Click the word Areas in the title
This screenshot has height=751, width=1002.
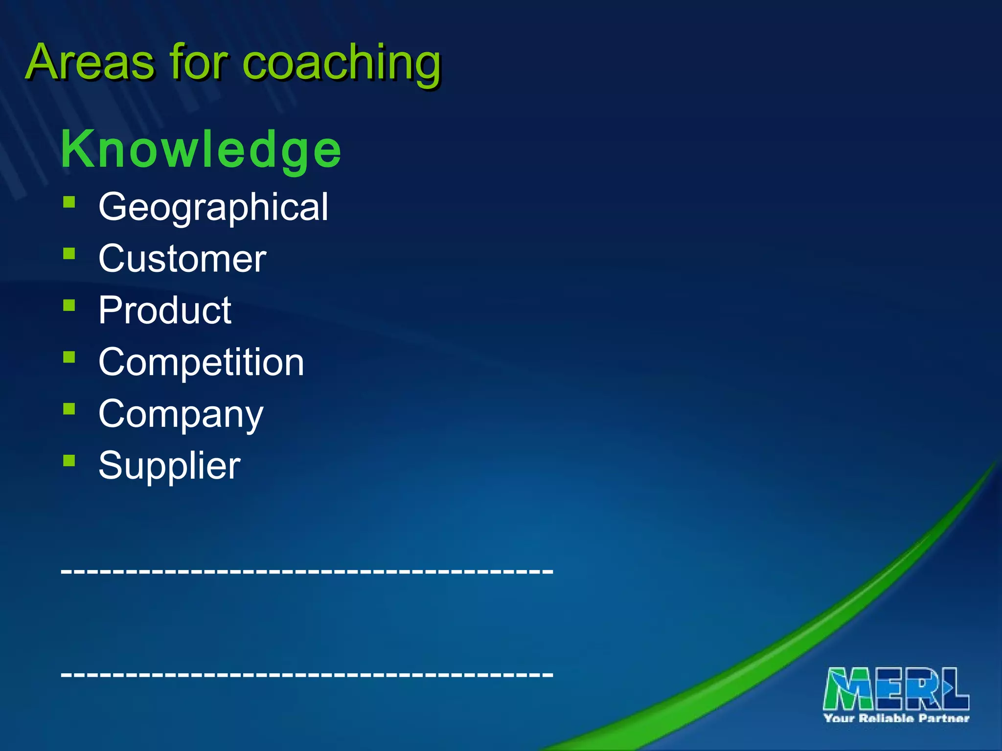pyautogui.click(x=91, y=63)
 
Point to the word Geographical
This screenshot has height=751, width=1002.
pyautogui.click(x=213, y=207)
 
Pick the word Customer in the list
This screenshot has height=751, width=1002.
pyautogui.click(x=182, y=259)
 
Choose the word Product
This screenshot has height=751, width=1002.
pyautogui.click(x=165, y=310)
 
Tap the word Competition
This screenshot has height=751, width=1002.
pyautogui.click(x=201, y=362)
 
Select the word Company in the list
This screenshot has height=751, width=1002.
pyautogui.click(x=181, y=415)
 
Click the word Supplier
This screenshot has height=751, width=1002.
pyautogui.click(x=169, y=465)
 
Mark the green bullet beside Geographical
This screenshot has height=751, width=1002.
pyautogui.click(x=69, y=202)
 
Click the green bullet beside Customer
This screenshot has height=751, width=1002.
pyautogui.click(x=69, y=253)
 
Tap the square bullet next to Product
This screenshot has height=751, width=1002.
pyautogui.click(x=69, y=305)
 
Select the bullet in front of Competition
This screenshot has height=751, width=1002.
pyautogui.click(x=69, y=357)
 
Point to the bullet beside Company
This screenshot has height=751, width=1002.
pyautogui.click(x=69, y=409)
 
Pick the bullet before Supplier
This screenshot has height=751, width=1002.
pyautogui.click(x=69, y=460)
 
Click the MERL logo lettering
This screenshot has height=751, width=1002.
pyautogui.click(x=896, y=688)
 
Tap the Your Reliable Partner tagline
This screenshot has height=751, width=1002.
pyautogui.click(x=896, y=718)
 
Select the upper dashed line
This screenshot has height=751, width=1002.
pyautogui.click(x=307, y=571)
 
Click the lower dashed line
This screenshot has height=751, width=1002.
pyautogui.click(x=307, y=674)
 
